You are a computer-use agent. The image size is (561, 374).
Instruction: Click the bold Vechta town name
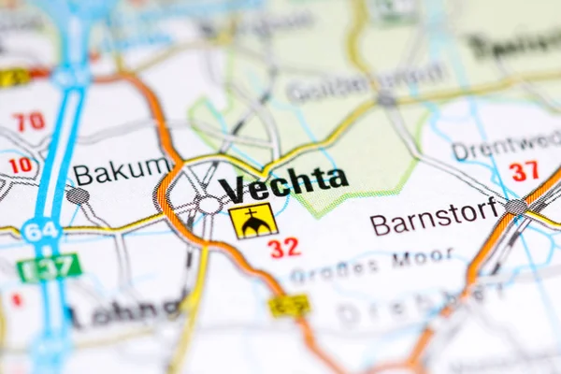(284, 183)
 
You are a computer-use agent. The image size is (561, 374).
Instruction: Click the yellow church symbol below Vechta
(252, 222)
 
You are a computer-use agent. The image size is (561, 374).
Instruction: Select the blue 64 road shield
(40, 230)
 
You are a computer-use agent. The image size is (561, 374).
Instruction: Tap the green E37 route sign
(49, 268)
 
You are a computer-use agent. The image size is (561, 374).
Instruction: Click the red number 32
(283, 248)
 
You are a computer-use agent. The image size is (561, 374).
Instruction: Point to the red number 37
(524, 171)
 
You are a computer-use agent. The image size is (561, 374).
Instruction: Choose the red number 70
(29, 121)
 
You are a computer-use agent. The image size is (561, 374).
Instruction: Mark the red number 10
(20, 165)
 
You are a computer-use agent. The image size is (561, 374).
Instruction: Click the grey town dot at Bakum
(78, 195)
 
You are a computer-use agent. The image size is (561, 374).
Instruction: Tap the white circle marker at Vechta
(209, 205)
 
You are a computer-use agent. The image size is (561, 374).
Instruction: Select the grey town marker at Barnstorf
(516, 207)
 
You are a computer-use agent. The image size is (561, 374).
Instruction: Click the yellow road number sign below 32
(289, 305)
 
